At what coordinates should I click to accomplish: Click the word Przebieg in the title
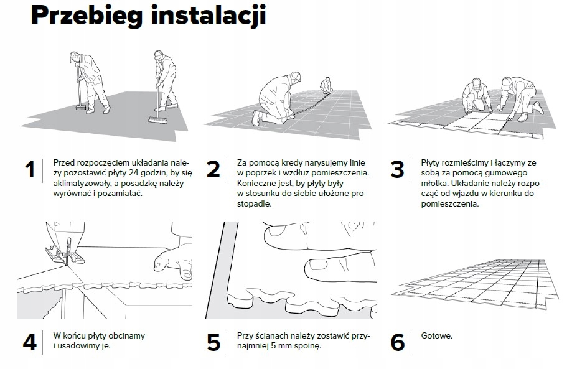[87, 16]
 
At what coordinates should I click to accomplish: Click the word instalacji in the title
[209, 16]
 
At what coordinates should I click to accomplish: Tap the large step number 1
[30, 170]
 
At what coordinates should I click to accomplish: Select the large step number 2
[213, 170]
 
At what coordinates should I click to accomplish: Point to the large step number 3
[397, 170]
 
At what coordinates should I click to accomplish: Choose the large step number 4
[30, 342]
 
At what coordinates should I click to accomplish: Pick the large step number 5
[213, 343]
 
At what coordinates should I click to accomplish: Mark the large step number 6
[398, 343]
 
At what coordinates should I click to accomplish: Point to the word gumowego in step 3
[505, 173]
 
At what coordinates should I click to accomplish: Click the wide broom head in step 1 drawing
[158, 120]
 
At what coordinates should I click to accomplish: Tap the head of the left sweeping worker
[75, 57]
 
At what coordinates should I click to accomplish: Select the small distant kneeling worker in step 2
[326, 86]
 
